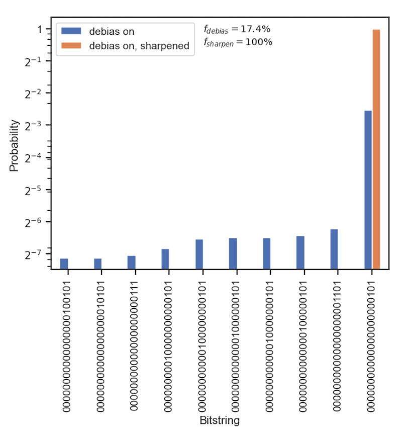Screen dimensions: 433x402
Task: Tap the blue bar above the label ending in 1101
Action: pyautogui.click(x=334, y=249)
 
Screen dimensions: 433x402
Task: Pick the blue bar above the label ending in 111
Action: pyautogui.click(x=131, y=262)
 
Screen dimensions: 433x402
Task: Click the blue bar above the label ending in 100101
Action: pyautogui.click(x=64, y=264)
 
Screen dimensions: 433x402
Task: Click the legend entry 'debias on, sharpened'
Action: pyautogui.click(x=139, y=46)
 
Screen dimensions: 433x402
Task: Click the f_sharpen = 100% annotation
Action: pyautogui.click(x=238, y=42)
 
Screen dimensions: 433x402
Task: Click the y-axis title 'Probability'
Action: pyautogui.click(x=15, y=145)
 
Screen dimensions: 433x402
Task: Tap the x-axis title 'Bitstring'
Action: pyautogui.click(x=220, y=420)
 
